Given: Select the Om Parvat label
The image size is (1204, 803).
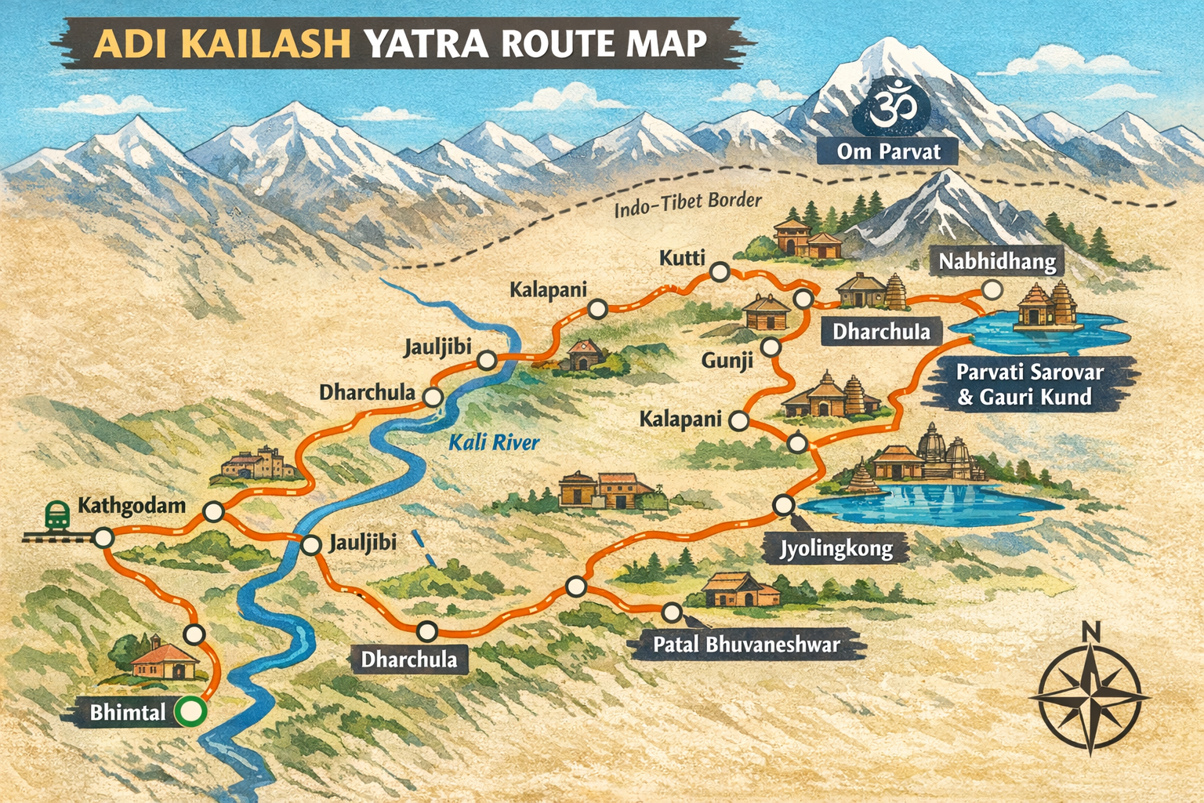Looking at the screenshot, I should click(x=887, y=151).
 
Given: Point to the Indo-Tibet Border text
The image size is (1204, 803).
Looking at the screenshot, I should click(x=687, y=205).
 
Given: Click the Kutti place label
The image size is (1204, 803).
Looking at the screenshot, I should click(x=682, y=258).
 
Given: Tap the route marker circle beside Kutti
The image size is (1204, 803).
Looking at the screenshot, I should click(x=720, y=272).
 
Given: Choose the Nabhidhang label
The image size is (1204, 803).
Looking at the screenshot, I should click(x=997, y=261).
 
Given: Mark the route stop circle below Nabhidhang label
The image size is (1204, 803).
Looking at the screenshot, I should click(x=992, y=290).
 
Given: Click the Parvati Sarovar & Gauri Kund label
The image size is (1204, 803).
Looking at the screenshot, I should click(x=1029, y=384).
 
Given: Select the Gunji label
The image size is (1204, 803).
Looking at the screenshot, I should click(x=727, y=360).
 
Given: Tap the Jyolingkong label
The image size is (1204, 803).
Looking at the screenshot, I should click(x=836, y=547).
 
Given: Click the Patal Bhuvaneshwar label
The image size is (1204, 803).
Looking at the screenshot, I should click(x=746, y=645).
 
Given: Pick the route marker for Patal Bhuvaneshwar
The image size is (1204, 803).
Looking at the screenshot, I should click(x=672, y=612).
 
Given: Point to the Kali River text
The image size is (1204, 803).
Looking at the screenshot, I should click(x=494, y=443).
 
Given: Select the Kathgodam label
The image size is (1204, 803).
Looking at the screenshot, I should click(x=132, y=505).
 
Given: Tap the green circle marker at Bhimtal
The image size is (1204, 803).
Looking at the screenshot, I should click(x=190, y=712).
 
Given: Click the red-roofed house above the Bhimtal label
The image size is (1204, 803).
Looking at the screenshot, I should click(x=163, y=661).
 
